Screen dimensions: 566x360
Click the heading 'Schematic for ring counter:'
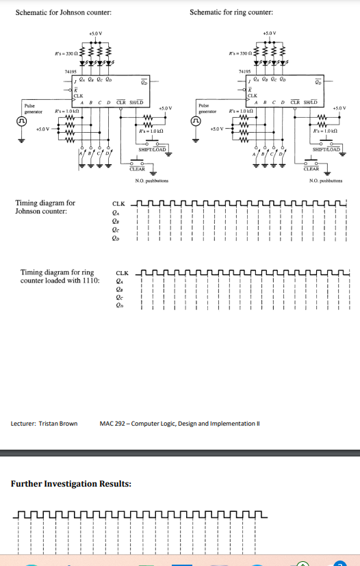pos(231,12)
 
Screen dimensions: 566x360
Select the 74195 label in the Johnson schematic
pos(70,70)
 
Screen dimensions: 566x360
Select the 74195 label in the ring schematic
pos(244,70)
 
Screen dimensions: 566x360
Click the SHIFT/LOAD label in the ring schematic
pos(324,149)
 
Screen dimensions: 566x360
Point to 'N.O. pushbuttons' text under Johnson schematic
pos(152,181)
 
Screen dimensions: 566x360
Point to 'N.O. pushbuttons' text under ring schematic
pos(326,181)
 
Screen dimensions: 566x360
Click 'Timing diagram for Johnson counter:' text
pos(45,207)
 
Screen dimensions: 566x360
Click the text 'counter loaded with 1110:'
pos(60,281)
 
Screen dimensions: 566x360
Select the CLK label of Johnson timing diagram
pos(118,203)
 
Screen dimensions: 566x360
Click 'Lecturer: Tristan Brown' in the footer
pos(44,423)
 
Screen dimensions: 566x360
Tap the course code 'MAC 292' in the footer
pos(112,423)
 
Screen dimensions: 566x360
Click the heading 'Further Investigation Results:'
pos(70,484)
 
